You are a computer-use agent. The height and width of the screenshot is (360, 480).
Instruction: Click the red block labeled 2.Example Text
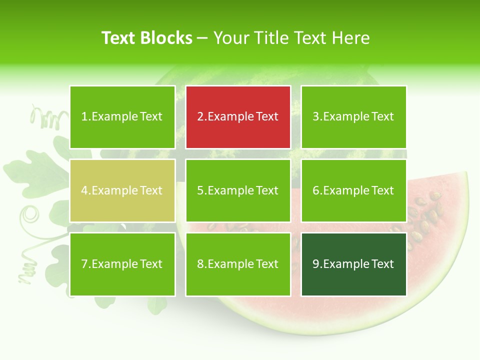point(238,117)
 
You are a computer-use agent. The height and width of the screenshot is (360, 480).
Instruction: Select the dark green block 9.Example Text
point(353,264)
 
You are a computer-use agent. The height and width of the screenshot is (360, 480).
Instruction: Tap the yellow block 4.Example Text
point(122,190)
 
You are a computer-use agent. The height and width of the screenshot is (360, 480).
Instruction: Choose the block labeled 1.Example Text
point(122,117)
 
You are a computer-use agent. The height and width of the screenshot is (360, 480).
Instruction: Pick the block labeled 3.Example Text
point(353,117)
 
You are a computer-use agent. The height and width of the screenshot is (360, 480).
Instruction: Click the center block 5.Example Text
point(238,190)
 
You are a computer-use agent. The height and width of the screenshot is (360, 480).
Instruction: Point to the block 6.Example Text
point(353,190)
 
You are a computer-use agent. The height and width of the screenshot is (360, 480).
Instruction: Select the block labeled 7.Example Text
point(122,264)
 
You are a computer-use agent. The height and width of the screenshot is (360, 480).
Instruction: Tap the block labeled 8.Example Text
point(238,264)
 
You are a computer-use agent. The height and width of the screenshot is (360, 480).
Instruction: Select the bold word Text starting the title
point(119,38)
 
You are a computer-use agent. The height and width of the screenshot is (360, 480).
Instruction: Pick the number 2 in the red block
point(200,117)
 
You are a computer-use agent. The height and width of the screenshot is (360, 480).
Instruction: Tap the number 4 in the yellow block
point(84,190)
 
